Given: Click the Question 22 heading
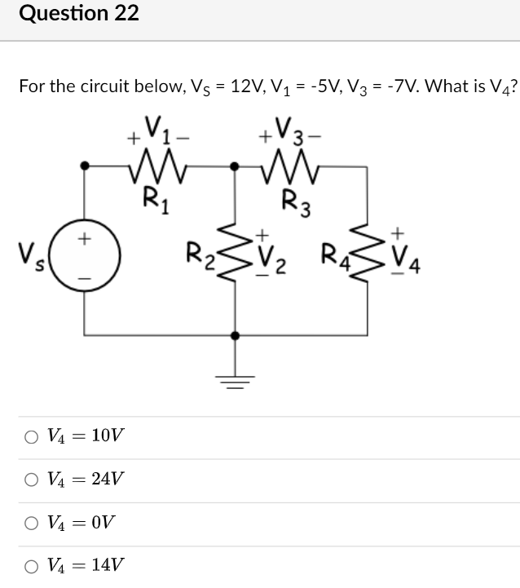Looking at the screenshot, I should pyautogui.click(x=78, y=14).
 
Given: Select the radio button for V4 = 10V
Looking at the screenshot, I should pyautogui.click(x=31, y=436).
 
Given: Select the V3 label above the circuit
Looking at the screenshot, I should pyautogui.click(x=290, y=130).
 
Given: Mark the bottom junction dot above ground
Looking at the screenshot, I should pyautogui.click(x=236, y=335).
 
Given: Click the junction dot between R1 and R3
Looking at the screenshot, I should pyautogui.click(x=236, y=166).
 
